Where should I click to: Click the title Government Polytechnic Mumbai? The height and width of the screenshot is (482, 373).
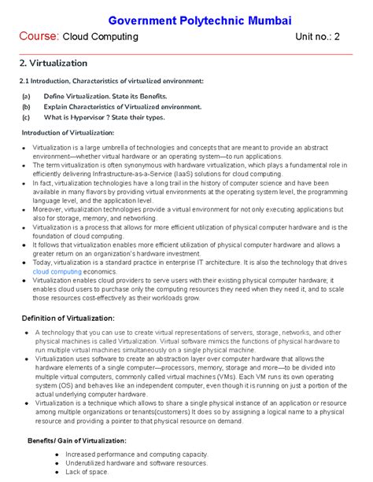(186, 17)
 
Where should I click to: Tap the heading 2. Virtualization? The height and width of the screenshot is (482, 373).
(54, 62)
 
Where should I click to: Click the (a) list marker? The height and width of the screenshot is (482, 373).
(26, 94)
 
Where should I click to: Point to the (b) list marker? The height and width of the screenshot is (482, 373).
(26, 106)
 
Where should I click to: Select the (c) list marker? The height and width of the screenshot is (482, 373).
(26, 118)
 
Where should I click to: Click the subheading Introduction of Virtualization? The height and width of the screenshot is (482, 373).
(67, 133)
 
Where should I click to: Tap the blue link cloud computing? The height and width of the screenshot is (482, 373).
(57, 270)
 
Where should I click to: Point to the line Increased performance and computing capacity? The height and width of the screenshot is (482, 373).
(137, 454)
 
